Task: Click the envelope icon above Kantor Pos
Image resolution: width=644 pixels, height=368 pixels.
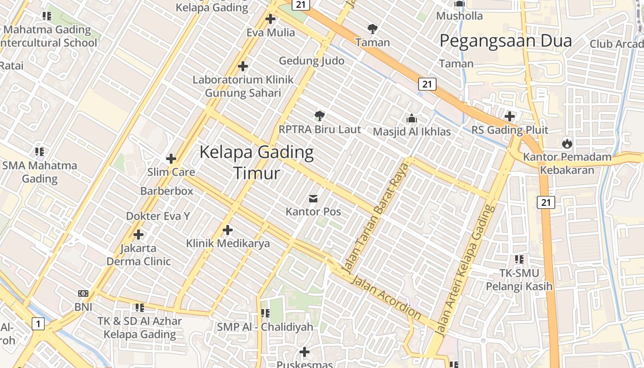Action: coord(313,199)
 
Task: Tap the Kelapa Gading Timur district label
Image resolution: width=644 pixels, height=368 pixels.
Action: coord(257,162)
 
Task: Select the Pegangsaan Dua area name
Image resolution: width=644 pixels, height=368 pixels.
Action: coord(506,41)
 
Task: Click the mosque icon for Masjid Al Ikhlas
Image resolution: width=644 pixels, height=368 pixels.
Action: coord(412,118)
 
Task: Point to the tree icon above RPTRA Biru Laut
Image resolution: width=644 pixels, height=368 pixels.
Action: coord(320,116)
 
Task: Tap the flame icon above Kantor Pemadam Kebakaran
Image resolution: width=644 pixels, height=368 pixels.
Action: coord(567,143)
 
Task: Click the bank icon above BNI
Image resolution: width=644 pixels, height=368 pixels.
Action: coord(83,293)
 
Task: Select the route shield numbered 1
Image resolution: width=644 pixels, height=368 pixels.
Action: coord(38,324)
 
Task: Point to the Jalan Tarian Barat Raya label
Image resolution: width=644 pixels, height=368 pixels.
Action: coord(376,218)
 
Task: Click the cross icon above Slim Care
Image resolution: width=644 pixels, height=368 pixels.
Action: coord(171,159)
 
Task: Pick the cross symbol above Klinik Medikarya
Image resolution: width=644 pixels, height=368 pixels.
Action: coord(228,230)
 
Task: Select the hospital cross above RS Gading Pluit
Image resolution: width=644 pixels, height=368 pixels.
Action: coord(510,116)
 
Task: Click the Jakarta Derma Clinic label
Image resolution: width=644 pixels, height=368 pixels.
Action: coord(138,255)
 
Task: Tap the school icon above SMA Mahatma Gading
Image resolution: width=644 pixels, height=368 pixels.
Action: coord(40,151)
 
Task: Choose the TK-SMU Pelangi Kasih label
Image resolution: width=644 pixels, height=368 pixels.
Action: coord(519,280)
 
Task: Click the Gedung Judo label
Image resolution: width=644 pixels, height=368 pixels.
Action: coord(311,61)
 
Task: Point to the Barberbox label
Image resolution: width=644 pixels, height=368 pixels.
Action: coord(167,190)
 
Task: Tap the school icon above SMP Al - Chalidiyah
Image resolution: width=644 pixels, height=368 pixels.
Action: coord(265,313)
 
